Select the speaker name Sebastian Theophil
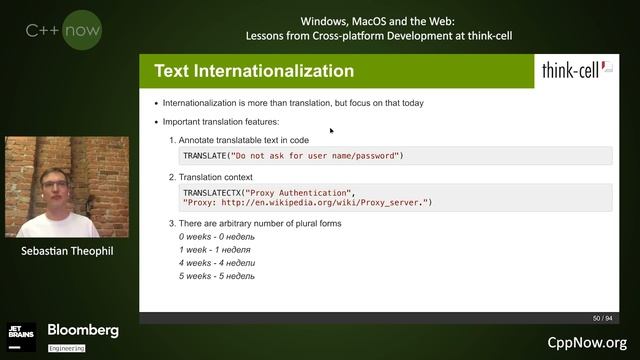66,251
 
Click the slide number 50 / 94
602,318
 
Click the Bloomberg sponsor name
83,330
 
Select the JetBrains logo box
22,336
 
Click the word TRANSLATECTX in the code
213,191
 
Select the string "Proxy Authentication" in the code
300,191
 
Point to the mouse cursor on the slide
331,130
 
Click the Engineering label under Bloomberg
66,348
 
